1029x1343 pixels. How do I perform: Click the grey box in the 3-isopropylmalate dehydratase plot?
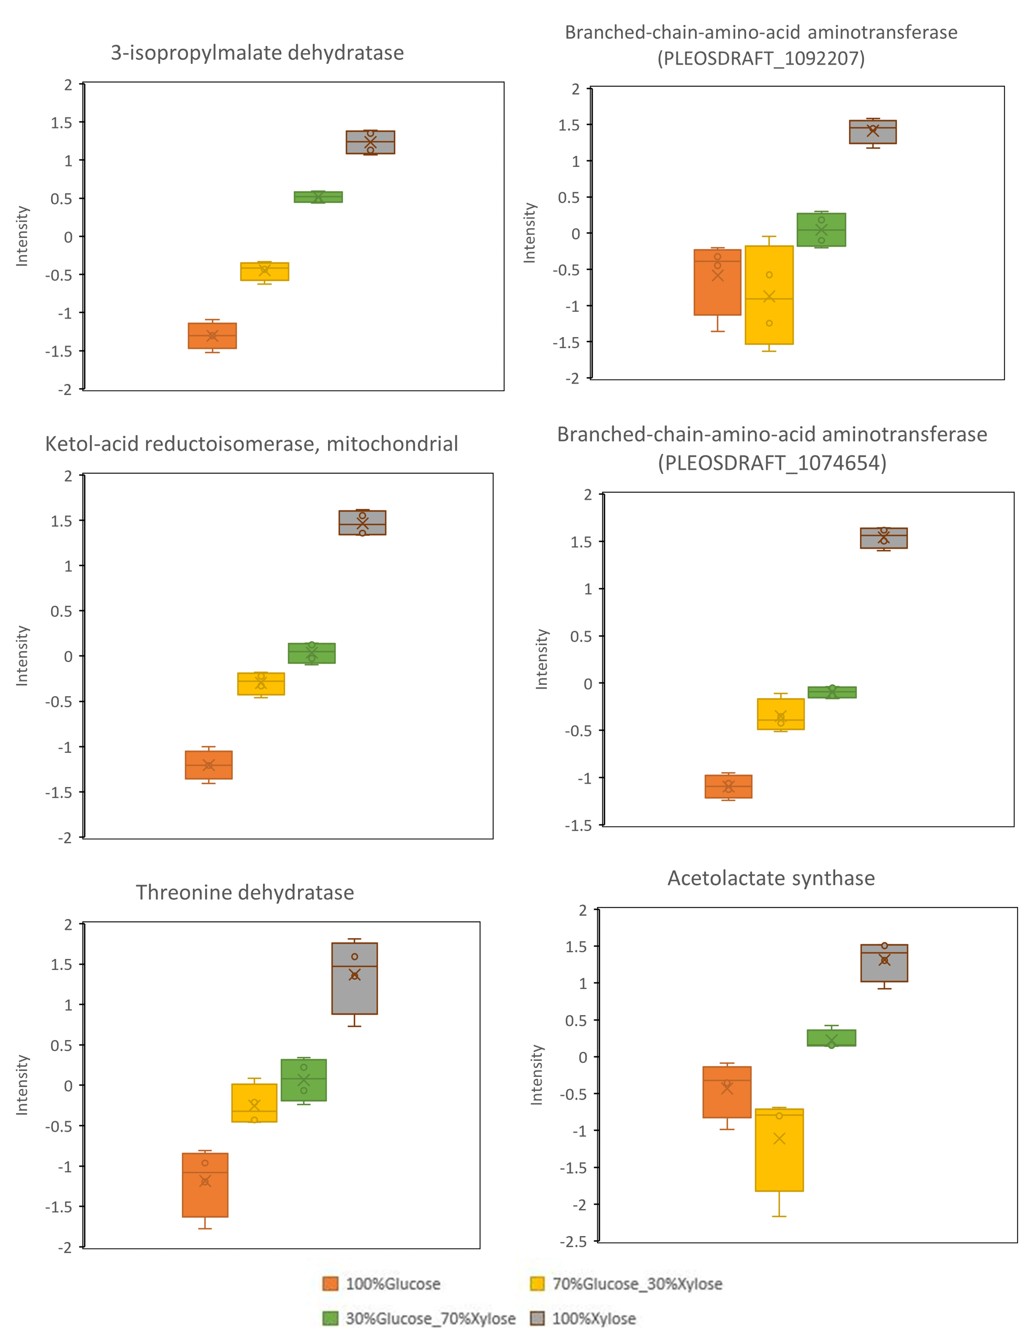tap(370, 142)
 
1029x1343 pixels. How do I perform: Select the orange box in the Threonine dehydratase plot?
tap(205, 1184)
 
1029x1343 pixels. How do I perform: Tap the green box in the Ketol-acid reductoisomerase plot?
tap(312, 653)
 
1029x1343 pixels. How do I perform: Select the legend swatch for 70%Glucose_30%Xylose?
tap(537, 1284)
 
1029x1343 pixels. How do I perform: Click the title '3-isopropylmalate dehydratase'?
tap(257, 53)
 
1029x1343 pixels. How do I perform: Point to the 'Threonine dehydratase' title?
tap(245, 892)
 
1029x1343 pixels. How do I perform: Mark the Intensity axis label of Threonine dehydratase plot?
tap(22, 1084)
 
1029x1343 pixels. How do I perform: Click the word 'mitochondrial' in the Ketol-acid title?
tap(392, 444)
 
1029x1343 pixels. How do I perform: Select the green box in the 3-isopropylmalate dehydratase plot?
tap(318, 197)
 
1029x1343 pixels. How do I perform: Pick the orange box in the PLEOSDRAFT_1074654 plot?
tap(728, 786)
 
